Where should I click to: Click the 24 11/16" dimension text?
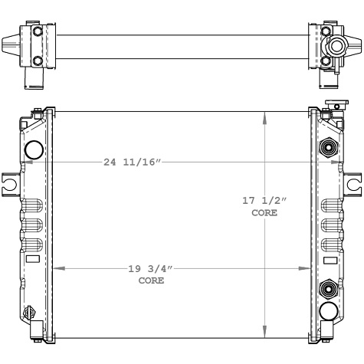coord(132,162)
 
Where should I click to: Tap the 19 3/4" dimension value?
coord(150,269)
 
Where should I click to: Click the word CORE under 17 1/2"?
coord(264,212)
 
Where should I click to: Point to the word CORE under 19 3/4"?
coord(150,281)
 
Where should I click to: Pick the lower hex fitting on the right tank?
coord(329,288)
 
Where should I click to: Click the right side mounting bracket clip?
coord(353,183)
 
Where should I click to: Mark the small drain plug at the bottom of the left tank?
coord(30,313)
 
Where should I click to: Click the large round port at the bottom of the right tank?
coord(329,310)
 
